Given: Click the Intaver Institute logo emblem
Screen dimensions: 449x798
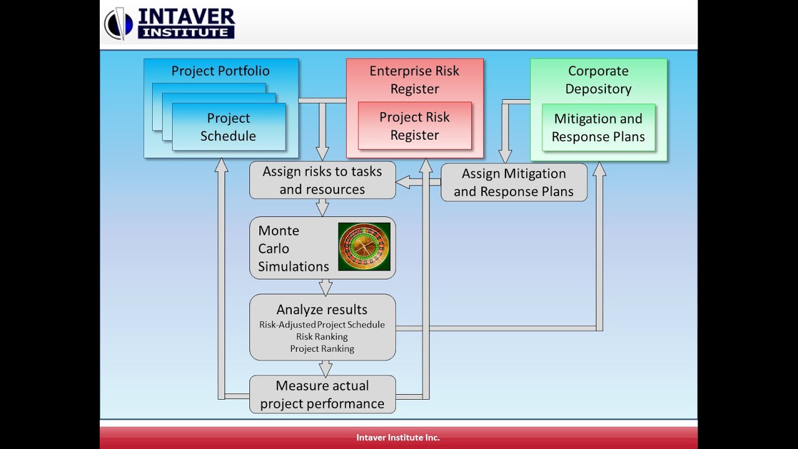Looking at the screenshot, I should (118, 24).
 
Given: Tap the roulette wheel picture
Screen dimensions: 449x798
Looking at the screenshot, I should (364, 247).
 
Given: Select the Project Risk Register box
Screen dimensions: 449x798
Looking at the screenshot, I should (415, 126).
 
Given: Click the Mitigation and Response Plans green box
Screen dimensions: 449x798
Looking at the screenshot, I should (598, 128).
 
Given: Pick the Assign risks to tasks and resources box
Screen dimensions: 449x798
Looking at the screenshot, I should (322, 180).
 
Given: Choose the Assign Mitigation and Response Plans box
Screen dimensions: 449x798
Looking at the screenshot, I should (514, 182).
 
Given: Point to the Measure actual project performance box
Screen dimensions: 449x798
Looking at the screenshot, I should (322, 394).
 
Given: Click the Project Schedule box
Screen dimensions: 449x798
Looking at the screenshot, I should (228, 127).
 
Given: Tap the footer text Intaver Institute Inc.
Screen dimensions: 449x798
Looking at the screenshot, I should (398, 438).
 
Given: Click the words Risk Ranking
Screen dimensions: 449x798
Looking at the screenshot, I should (322, 337).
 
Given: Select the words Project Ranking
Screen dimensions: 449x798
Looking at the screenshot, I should (322, 349).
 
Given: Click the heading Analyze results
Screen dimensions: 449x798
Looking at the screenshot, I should (322, 309).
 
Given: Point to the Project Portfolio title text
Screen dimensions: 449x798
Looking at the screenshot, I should (221, 70).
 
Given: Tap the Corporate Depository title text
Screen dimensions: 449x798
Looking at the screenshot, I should (598, 80).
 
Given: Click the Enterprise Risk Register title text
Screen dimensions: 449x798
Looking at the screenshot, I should (415, 80).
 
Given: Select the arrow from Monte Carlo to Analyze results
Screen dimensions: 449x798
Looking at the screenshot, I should (324, 286).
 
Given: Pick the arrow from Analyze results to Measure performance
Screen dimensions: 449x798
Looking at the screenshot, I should (324, 368).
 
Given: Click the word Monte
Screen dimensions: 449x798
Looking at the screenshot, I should (279, 231).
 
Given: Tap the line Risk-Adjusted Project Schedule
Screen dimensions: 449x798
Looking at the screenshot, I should (322, 324).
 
